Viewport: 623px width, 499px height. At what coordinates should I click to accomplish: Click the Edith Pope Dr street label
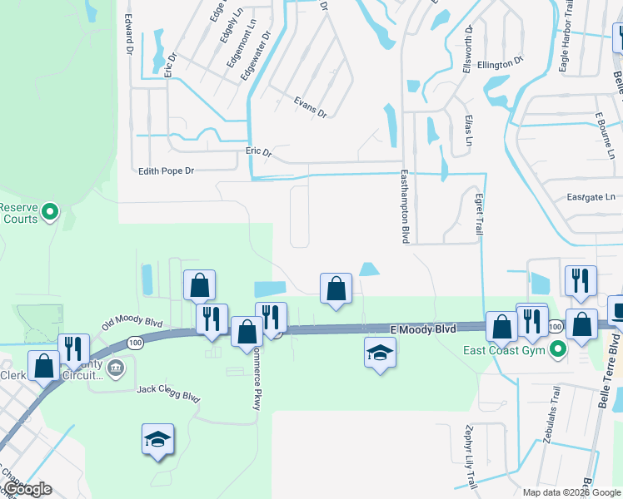167,170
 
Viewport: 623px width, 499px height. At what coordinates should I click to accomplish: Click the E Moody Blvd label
423,330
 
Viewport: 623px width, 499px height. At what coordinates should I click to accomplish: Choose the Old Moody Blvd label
132,323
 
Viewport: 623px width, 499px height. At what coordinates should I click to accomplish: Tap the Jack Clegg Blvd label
169,393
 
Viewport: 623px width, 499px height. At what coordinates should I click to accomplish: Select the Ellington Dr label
500,61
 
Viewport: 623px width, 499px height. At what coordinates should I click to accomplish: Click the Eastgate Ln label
591,198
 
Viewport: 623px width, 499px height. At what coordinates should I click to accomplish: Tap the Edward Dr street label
128,34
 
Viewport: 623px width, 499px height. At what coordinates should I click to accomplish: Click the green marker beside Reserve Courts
49,212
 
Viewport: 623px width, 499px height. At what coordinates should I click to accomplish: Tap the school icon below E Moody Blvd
380,353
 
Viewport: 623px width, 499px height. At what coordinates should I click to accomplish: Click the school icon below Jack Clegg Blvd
157,438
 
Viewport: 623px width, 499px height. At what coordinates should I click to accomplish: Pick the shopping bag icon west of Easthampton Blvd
335,289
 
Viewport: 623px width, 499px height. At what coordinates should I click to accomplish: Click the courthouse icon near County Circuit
116,367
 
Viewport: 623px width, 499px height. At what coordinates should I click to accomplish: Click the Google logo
27,489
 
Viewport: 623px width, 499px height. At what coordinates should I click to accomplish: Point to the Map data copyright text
571,492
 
